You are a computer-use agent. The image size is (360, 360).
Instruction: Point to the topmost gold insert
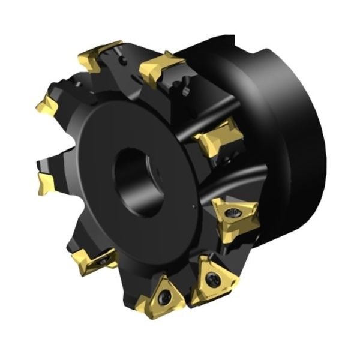[99, 55]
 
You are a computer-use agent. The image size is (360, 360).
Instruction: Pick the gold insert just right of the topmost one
[161, 67]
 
